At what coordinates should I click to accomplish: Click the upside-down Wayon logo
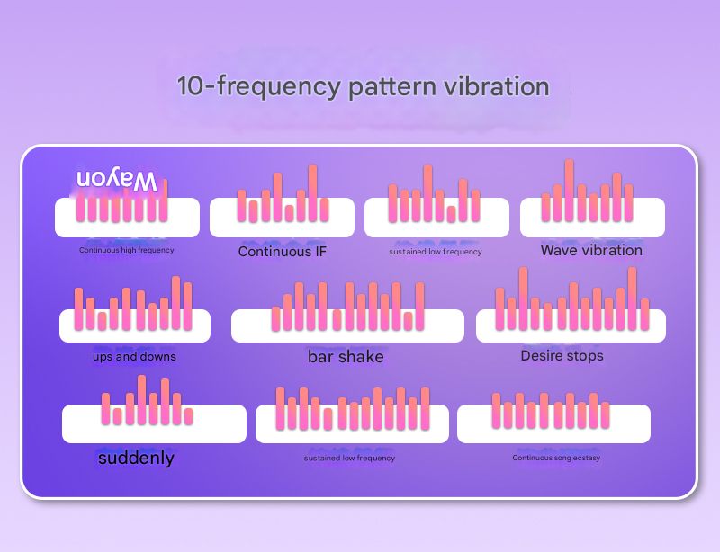pyautogui.click(x=117, y=179)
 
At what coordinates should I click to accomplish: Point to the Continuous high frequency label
pyautogui.click(x=127, y=250)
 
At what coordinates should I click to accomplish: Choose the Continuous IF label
pyautogui.click(x=282, y=252)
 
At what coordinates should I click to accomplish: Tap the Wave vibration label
pyautogui.click(x=591, y=250)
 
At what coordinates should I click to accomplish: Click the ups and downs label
pyautogui.click(x=134, y=357)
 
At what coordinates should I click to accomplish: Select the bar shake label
pyautogui.click(x=346, y=357)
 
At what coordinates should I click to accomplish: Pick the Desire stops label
pyautogui.click(x=562, y=356)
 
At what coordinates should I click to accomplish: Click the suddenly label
pyautogui.click(x=136, y=459)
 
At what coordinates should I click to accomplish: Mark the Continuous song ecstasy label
pyautogui.click(x=556, y=459)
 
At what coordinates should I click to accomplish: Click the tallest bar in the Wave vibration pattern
pyautogui.click(x=569, y=191)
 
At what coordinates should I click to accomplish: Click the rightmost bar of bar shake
pyautogui.click(x=419, y=307)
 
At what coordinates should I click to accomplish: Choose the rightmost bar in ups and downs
pyautogui.click(x=187, y=306)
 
